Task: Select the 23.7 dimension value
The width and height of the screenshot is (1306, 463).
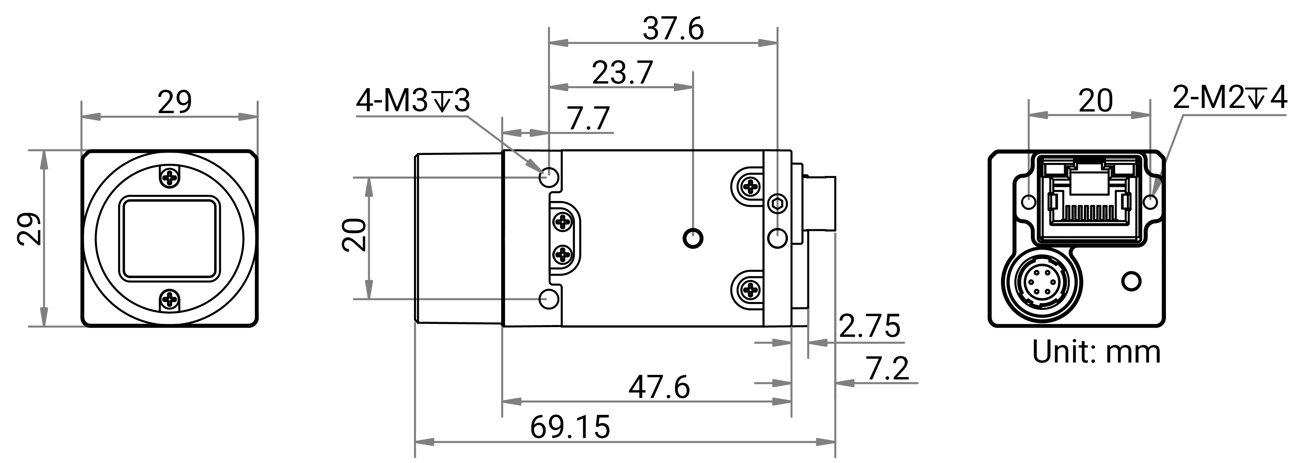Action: (x=622, y=73)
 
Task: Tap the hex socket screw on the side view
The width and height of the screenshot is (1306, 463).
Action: (x=777, y=205)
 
